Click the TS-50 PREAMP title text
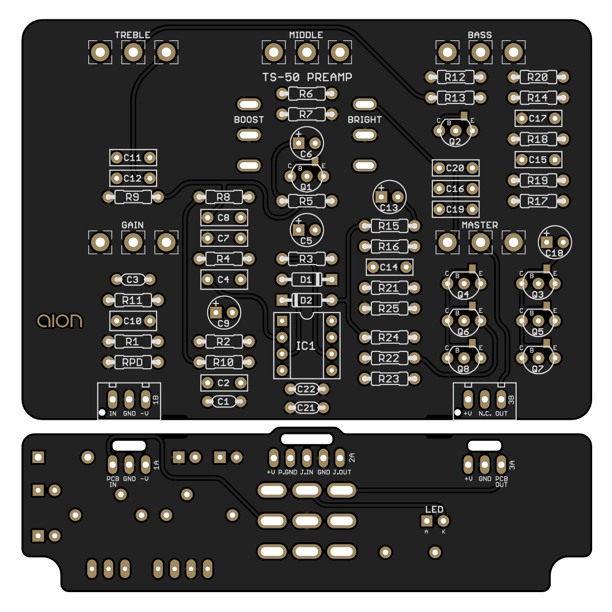pyautogui.click(x=307, y=77)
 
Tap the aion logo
pyautogui.click(x=60, y=321)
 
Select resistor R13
pyautogui.click(x=455, y=97)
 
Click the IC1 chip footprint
pyautogui.click(x=306, y=346)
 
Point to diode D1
pyautogui.click(x=306, y=279)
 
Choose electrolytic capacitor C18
pyautogui.click(x=554, y=243)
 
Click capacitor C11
pyautogui.click(x=133, y=158)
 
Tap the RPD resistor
pyautogui.click(x=133, y=362)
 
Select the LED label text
pyautogui.click(x=434, y=509)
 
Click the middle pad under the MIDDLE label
pyautogui.click(x=307, y=52)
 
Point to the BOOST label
pyautogui.click(x=249, y=120)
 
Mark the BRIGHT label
pyautogui.click(x=365, y=120)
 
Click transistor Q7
pyautogui.click(x=538, y=359)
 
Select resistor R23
pyautogui.click(x=389, y=379)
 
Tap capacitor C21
pyautogui.click(x=306, y=407)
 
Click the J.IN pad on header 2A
pyautogui.click(x=307, y=457)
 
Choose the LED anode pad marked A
pyautogui.click(x=426, y=521)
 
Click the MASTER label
pyautogui.click(x=479, y=225)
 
